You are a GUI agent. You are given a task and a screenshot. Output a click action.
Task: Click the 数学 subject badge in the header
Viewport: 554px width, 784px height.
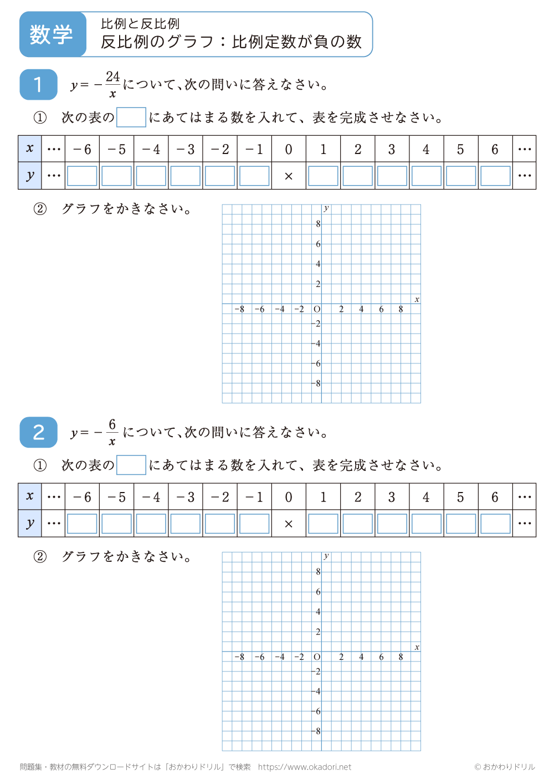coord(52,34)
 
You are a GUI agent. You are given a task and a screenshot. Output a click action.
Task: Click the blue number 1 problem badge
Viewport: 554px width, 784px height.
coord(38,84)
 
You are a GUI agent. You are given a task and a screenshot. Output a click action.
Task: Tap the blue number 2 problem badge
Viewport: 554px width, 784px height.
coord(38,432)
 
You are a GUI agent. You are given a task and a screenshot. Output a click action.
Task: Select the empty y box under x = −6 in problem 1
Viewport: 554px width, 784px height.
coord(82,176)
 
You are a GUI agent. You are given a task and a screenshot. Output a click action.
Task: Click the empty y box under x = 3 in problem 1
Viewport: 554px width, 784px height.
coord(392,176)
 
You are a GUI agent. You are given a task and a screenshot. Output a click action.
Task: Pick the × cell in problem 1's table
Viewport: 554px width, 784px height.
coord(289,176)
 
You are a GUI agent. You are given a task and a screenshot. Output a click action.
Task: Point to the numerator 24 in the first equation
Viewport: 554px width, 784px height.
coord(113,76)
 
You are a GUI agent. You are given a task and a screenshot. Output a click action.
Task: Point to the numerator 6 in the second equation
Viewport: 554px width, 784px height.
coord(112,424)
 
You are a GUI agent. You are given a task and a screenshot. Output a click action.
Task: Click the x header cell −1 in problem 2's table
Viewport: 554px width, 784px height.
coord(254,497)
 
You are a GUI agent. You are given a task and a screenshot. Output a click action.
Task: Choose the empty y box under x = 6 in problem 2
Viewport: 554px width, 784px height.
coord(495,524)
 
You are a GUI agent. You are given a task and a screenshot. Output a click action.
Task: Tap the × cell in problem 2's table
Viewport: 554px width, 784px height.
coord(289,524)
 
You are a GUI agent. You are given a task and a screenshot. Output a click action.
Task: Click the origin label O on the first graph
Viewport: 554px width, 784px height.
coord(317,309)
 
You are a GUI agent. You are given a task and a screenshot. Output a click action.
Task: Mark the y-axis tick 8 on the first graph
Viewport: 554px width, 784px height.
coord(318,224)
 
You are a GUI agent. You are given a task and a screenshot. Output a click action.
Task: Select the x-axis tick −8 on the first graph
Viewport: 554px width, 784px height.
coord(239,309)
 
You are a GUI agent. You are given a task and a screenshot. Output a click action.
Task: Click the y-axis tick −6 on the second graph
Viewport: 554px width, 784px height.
coord(317,711)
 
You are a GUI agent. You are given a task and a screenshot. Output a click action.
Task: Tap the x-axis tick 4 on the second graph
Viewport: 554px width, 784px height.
coord(361,657)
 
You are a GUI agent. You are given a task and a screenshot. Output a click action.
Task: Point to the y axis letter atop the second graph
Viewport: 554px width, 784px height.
coord(326,556)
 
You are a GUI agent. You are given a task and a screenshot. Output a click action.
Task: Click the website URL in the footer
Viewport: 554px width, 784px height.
coord(305,767)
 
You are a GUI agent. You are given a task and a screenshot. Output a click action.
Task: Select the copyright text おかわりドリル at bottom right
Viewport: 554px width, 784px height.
coord(505,767)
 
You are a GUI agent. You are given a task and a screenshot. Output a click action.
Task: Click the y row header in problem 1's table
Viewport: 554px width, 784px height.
coord(30,176)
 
